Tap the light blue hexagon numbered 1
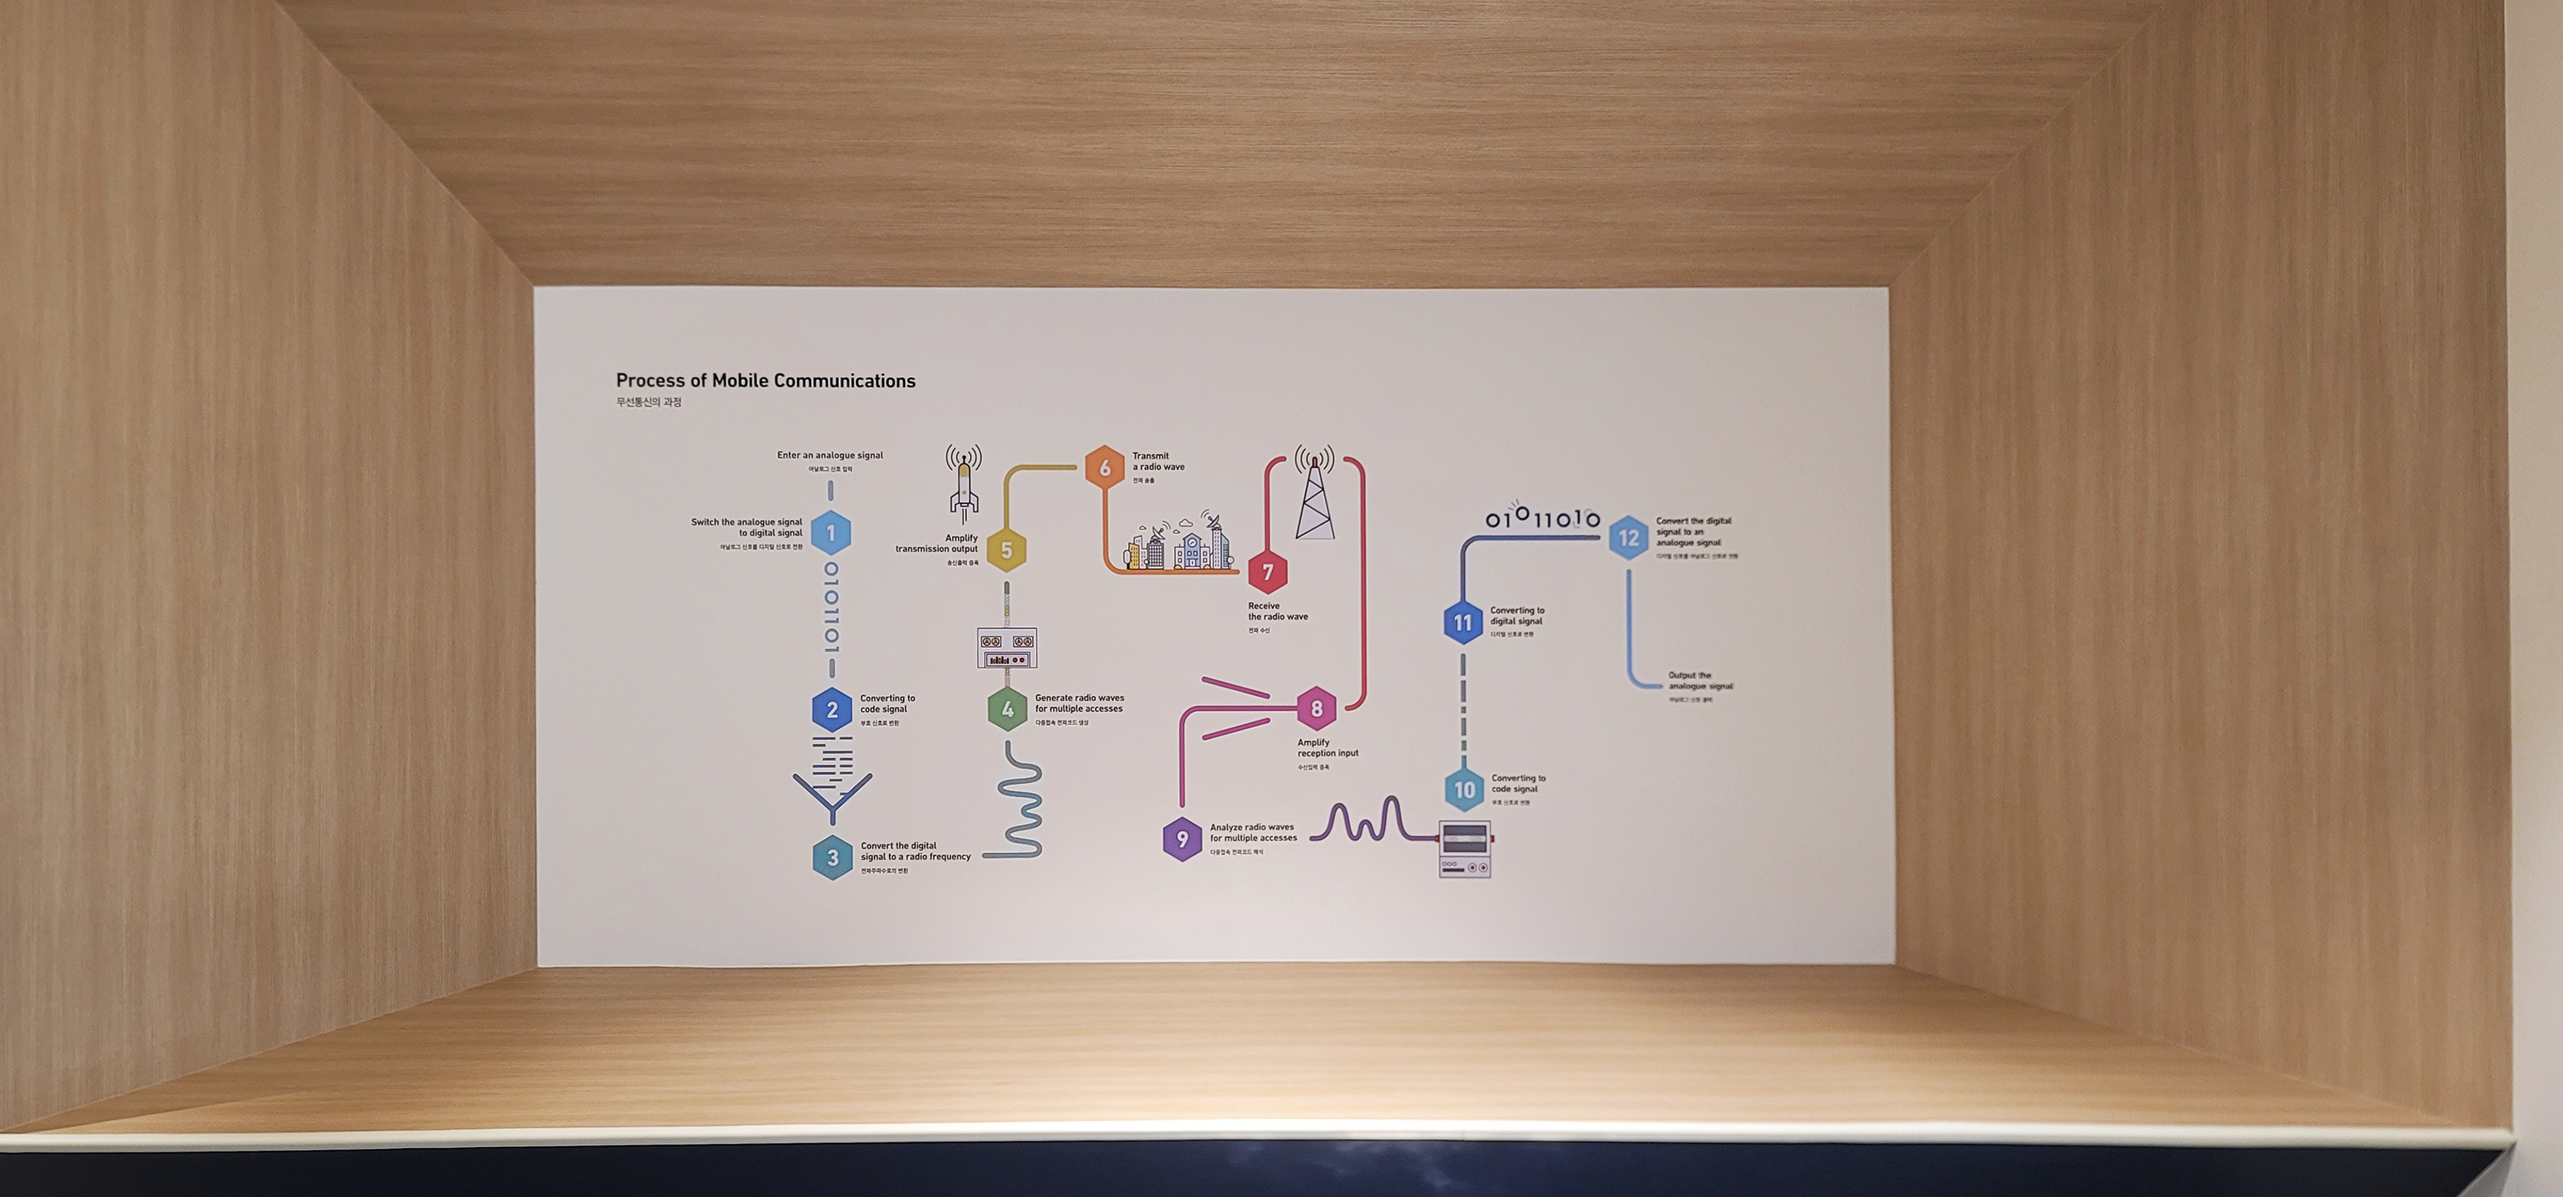(x=831, y=533)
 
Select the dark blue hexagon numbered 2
(x=832, y=710)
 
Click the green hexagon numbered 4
(x=1007, y=710)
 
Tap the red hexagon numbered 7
(x=1267, y=572)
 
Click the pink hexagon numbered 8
(x=1316, y=708)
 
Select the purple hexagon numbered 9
(x=1182, y=839)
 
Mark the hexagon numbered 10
(x=1464, y=790)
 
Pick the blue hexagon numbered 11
(x=1462, y=623)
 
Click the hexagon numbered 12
(x=1629, y=538)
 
